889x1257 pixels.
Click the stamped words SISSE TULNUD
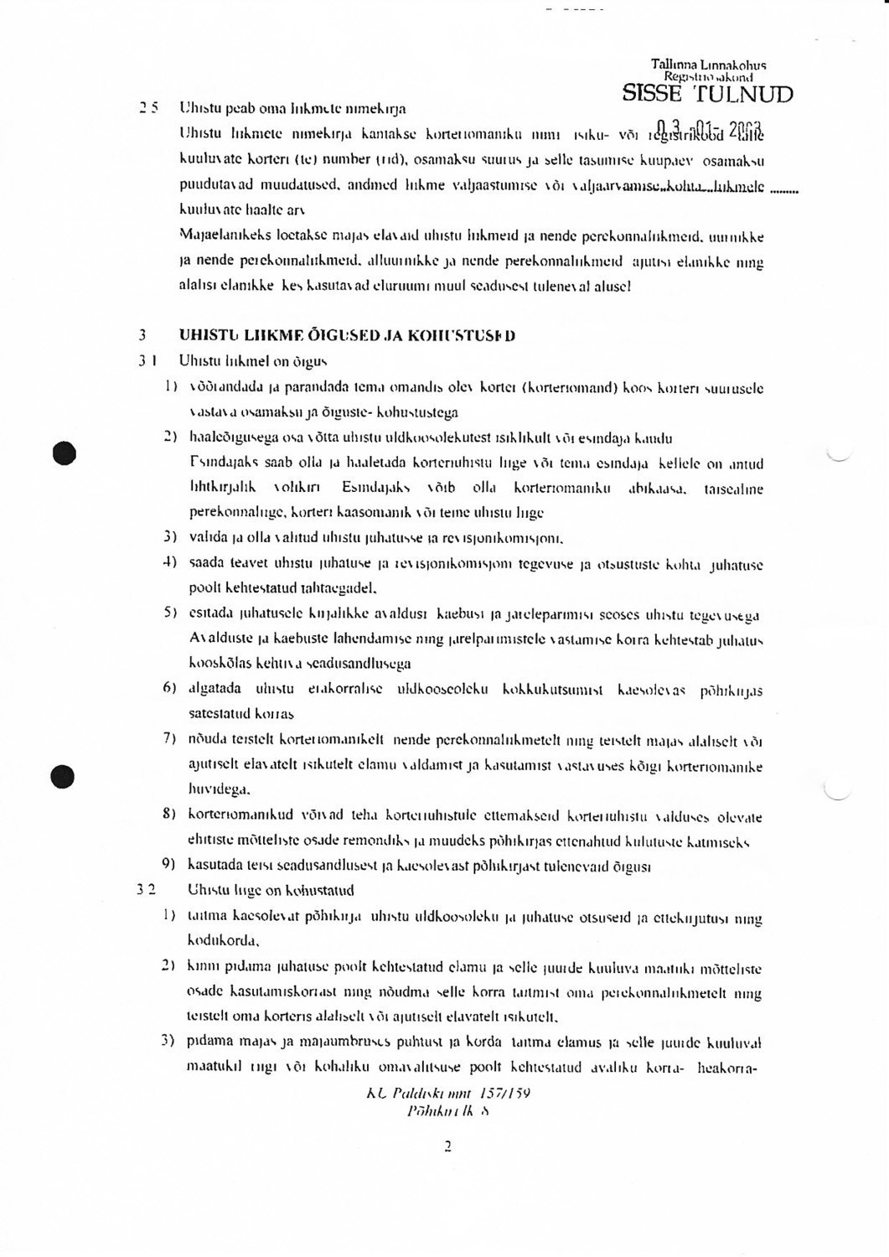pos(707,95)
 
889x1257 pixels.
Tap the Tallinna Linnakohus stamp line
pos(708,65)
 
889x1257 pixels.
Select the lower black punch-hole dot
pos(63,776)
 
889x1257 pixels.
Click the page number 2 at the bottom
pos(448,1146)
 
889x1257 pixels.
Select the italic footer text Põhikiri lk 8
pos(448,1111)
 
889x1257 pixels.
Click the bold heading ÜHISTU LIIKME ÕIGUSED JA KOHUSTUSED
pos(347,335)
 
